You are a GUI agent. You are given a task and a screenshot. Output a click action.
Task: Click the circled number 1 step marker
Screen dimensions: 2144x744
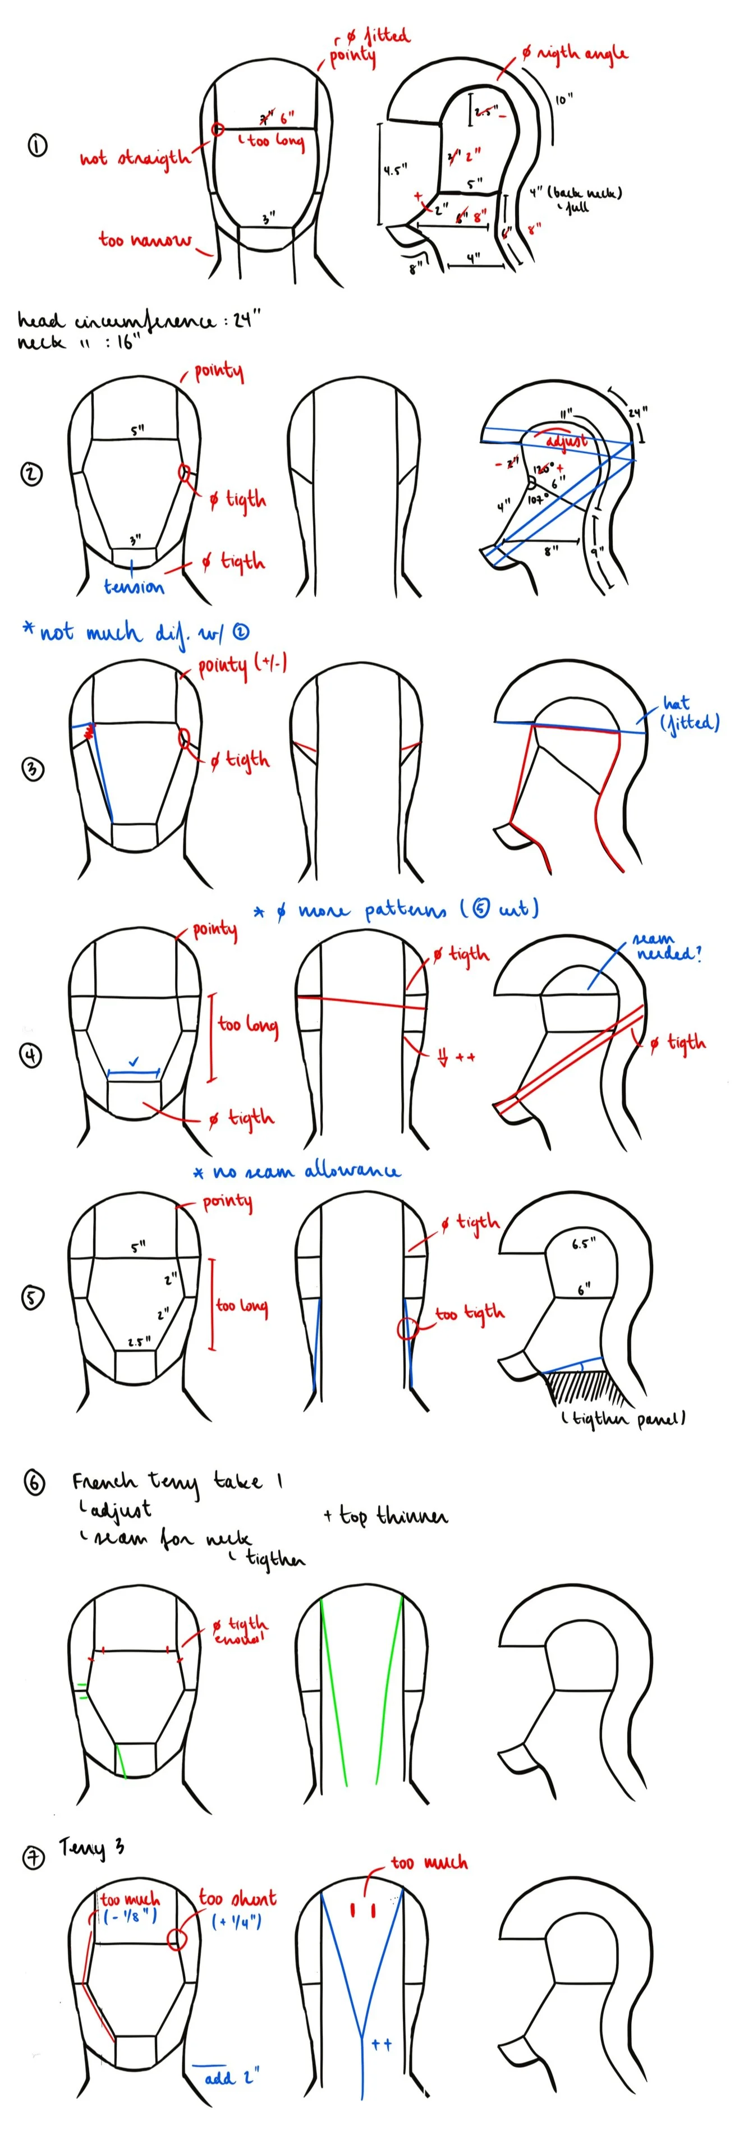[38, 146]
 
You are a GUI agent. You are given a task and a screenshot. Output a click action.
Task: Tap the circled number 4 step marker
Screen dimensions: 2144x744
[31, 1055]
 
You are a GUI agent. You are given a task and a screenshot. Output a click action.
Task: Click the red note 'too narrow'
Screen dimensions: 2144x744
[144, 241]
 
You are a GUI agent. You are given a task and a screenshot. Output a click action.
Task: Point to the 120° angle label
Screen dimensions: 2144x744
[544, 468]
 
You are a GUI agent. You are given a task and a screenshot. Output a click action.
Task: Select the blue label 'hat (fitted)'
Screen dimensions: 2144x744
[688, 714]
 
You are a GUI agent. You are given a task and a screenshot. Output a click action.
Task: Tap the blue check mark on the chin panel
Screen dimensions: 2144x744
[134, 1062]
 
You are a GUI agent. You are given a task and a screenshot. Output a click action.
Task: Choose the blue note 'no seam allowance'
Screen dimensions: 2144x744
[297, 1172]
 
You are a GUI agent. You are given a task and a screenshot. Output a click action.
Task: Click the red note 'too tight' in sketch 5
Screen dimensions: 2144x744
[470, 1314]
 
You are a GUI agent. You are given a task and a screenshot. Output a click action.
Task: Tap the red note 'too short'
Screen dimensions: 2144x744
[237, 1898]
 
